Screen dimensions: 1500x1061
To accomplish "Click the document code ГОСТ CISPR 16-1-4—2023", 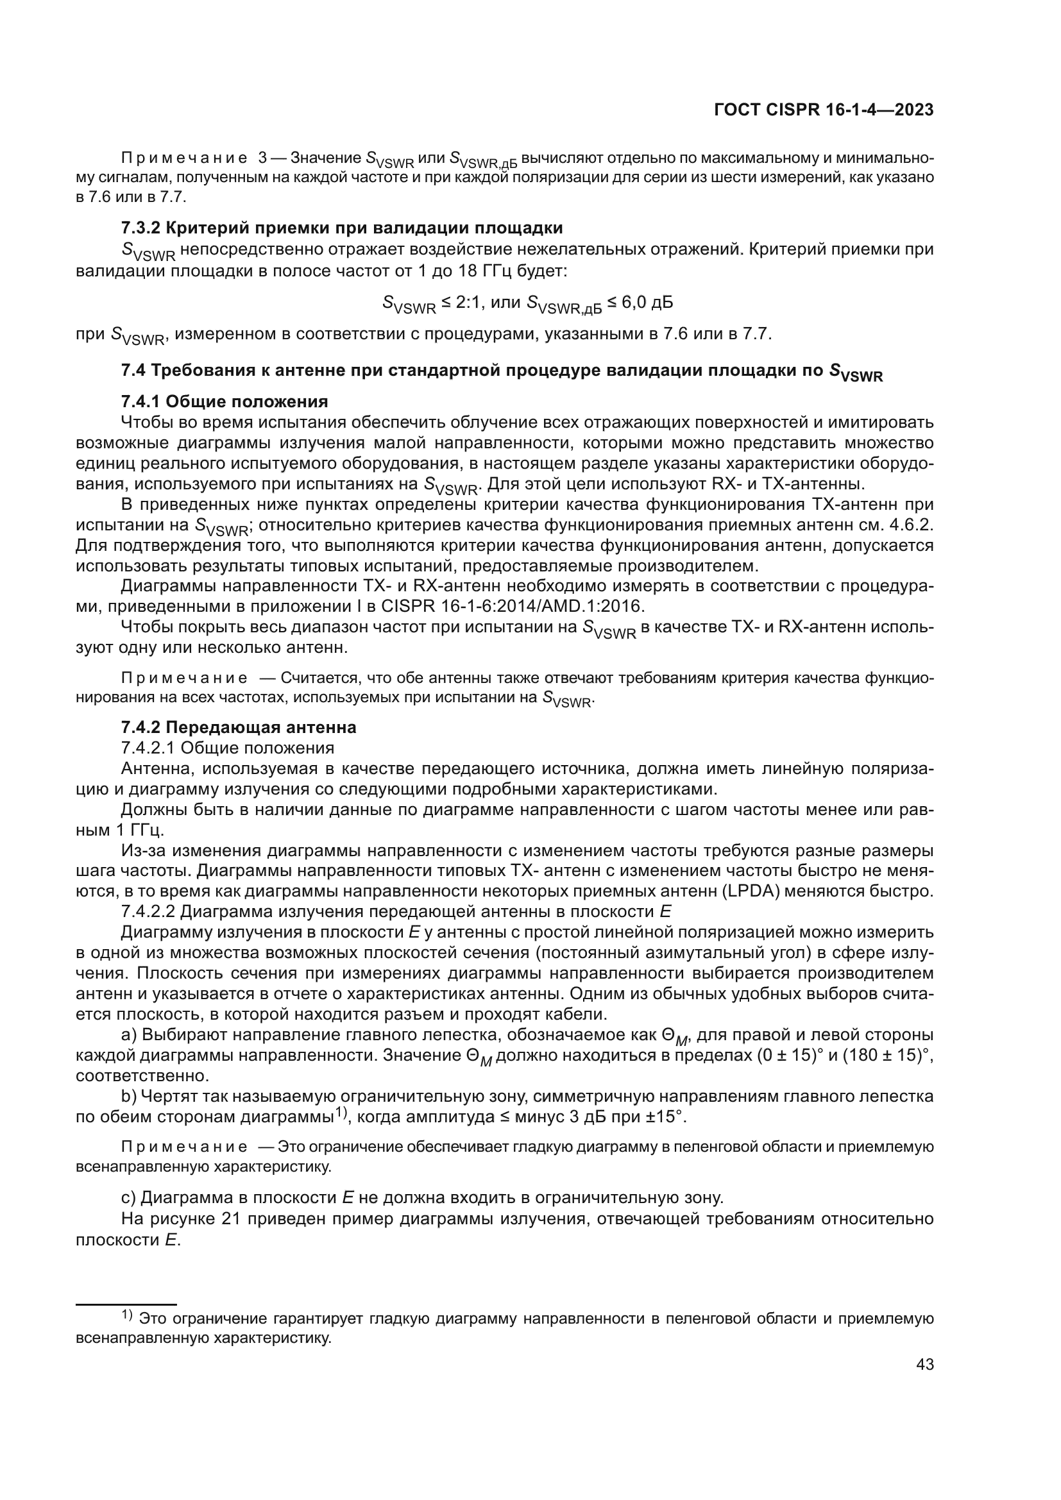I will point(824,110).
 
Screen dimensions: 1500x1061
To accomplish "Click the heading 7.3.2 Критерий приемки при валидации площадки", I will point(342,228).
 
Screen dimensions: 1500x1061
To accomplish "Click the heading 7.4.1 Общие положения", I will point(224,401).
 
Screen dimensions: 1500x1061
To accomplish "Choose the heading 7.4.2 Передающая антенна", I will point(239,727).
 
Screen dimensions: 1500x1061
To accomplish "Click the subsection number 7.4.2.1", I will point(148,748).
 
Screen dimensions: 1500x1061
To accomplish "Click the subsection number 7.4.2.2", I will point(148,912).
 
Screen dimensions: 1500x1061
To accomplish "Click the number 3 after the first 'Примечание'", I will point(262,158).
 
